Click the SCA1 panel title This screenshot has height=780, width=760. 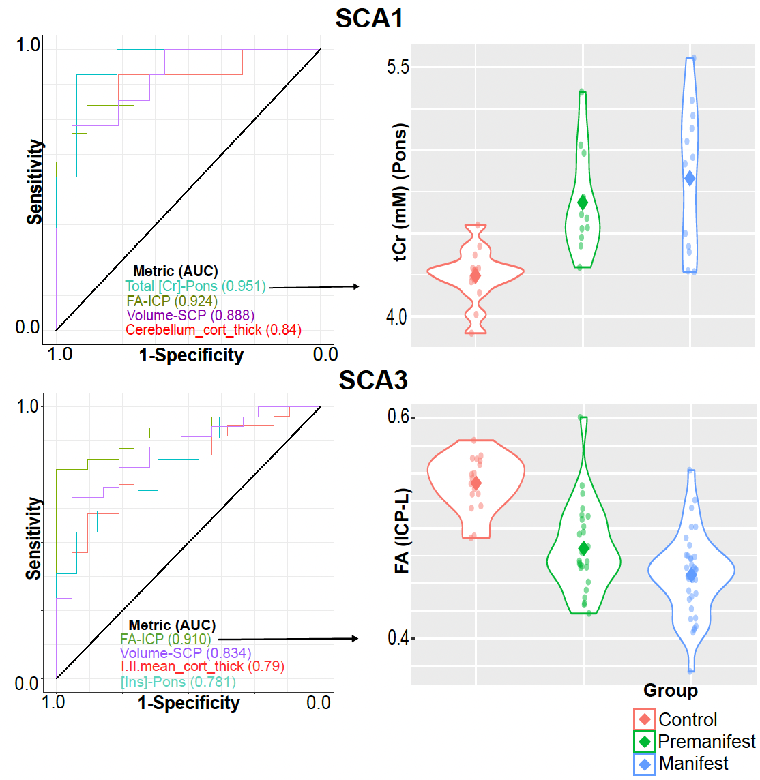click(369, 18)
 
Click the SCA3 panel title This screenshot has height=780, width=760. click(373, 380)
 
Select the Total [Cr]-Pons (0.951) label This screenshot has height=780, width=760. click(195, 286)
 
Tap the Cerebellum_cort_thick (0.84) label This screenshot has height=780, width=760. click(214, 330)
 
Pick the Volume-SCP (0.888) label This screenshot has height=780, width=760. click(190, 315)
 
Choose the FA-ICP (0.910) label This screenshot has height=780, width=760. click(166, 639)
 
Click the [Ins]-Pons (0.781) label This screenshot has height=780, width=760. click(178, 682)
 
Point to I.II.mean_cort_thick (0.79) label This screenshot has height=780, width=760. click(203, 666)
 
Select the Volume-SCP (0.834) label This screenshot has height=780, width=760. click(186, 652)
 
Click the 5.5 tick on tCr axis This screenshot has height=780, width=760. click(398, 67)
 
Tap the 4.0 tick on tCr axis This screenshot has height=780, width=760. click(398, 317)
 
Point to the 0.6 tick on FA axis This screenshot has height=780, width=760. click(398, 417)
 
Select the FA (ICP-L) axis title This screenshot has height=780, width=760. click(402, 530)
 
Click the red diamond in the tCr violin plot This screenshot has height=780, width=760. click(475, 275)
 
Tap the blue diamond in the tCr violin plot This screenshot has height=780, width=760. click(690, 178)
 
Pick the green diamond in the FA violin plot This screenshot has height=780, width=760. click(583, 548)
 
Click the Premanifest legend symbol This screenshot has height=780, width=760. click(645, 741)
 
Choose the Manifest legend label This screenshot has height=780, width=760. click(693, 764)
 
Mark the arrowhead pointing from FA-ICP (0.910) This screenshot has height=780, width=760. click(354, 638)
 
